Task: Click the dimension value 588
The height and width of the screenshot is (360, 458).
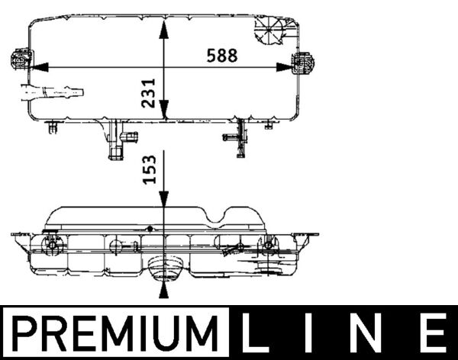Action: click(221, 56)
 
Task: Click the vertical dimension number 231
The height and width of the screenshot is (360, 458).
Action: click(150, 92)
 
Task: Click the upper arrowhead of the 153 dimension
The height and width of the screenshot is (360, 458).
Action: click(163, 198)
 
